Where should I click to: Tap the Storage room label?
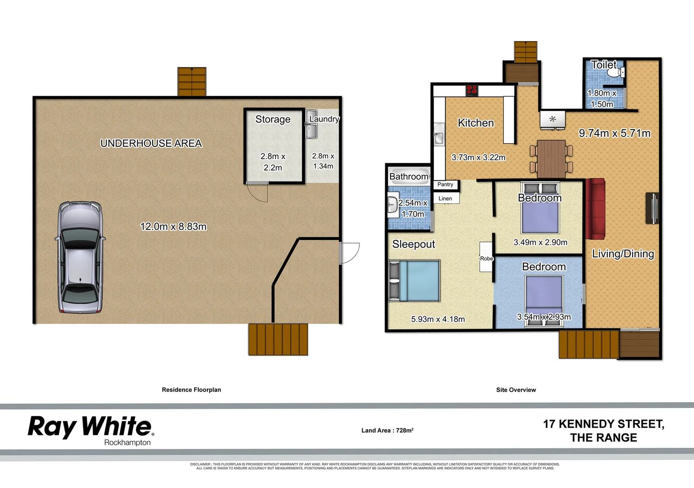click(273, 119)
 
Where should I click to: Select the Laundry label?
click(324, 119)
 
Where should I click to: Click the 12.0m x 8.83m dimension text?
click(173, 226)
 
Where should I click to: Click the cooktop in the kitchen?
click(472, 90)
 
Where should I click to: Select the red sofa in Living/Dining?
click(595, 208)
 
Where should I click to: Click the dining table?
click(551, 159)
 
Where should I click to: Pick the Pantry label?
click(445, 184)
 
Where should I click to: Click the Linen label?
click(445, 198)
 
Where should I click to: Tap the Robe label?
click(486, 258)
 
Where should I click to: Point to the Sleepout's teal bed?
click(415, 281)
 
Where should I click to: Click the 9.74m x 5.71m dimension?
click(615, 133)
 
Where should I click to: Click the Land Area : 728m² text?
click(387, 430)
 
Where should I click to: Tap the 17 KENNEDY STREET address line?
click(603, 424)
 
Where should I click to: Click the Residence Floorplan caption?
click(191, 389)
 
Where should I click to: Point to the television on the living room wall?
click(653, 208)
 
